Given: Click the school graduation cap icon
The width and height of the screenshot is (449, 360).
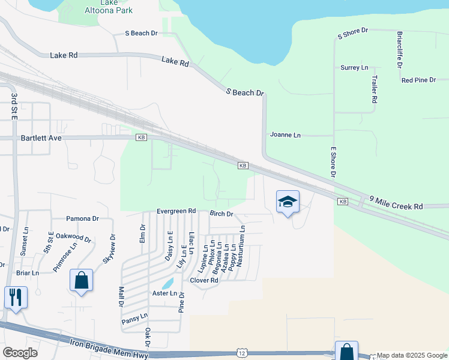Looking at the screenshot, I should [x=288, y=201].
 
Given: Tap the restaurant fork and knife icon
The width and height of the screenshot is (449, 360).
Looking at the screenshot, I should [x=16, y=296].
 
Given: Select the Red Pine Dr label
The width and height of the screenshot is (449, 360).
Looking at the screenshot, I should [x=418, y=80].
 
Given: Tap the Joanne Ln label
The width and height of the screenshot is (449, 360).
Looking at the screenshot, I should [x=285, y=135].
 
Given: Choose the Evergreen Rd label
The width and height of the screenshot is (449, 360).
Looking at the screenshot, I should [x=176, y=211].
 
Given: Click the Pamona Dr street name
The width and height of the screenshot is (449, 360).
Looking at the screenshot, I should [x=82, y=218].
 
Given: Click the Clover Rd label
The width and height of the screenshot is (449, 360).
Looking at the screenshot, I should [x=204, y=280].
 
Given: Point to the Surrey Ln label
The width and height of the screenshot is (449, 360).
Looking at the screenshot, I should [x=354, y=68].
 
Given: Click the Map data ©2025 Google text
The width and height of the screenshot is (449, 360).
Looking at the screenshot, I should [x=412, y=356].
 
